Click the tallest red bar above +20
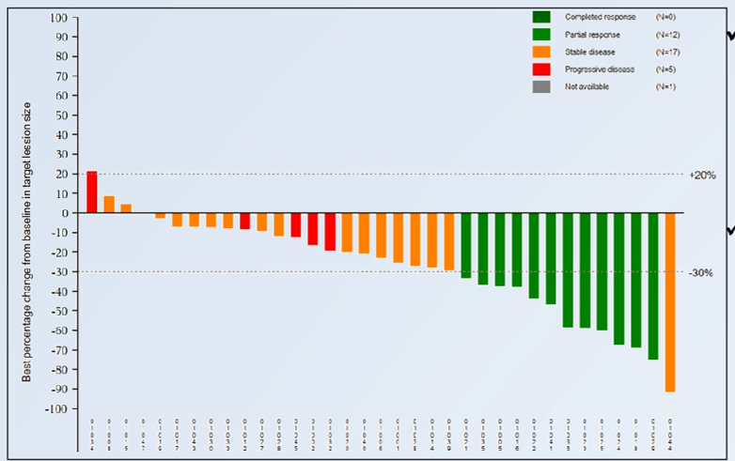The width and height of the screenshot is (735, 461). [x=92, y=192]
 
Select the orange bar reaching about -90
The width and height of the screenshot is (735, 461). [x=670, y=301]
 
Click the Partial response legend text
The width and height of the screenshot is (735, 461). [x=592, y=35]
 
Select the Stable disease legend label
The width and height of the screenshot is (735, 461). [x=589, y=52]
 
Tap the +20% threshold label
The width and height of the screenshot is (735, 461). [x=703, y=175]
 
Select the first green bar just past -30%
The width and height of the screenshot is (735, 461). [x=466, y=245]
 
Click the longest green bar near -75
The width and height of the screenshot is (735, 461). [x=653, y=285]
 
